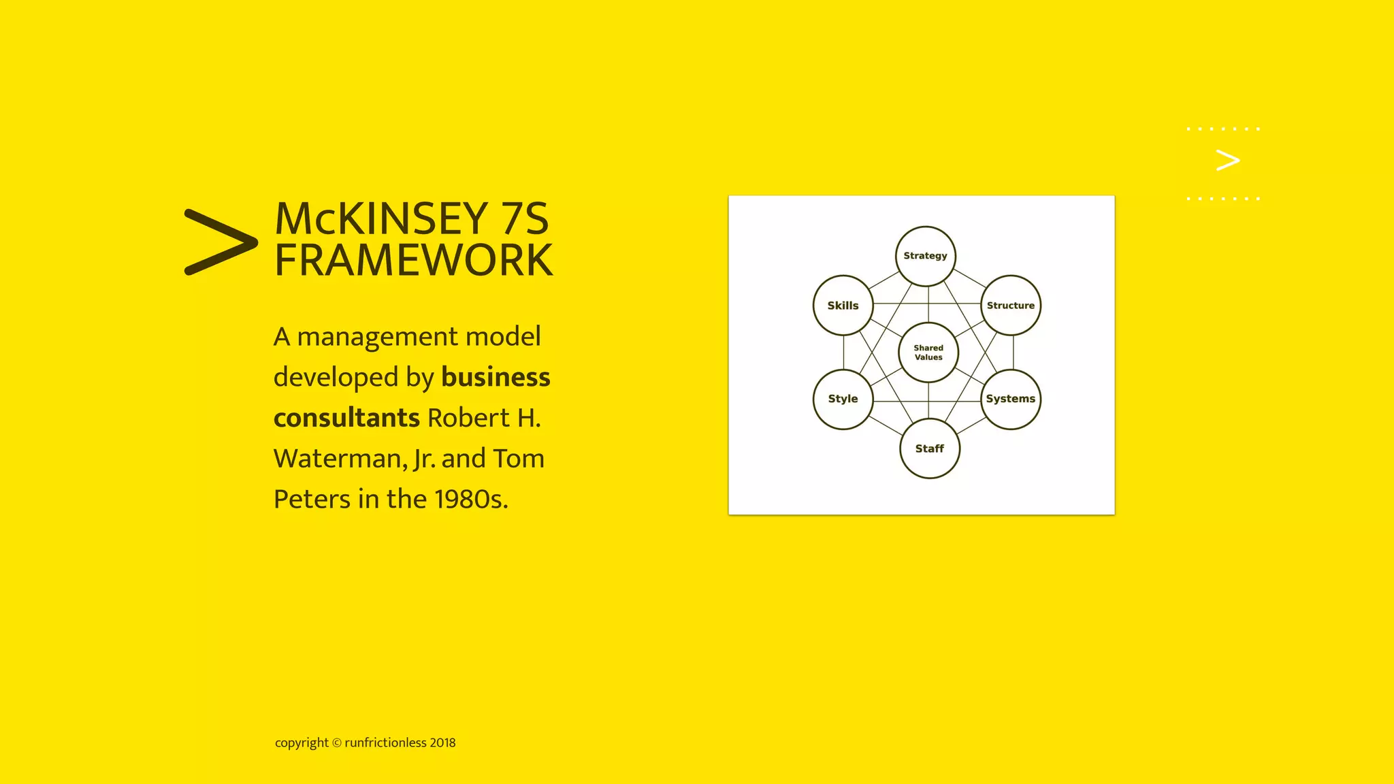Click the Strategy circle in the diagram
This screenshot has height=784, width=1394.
click(925, 256)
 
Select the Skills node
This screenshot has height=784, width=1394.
click(843, 306)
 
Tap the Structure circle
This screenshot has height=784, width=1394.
click(1011, 306)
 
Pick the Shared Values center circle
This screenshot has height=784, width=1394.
click(928, 353)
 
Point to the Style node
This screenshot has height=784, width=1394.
click(843, 399)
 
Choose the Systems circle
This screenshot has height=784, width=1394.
click(1011, 399)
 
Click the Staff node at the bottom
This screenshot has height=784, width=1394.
click(930, 448)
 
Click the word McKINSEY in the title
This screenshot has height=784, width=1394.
click(381, 219)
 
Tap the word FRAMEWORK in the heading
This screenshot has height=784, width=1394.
click(414, 260)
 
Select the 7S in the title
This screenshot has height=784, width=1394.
click(524, 219)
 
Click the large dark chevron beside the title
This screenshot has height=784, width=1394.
click(221, 242)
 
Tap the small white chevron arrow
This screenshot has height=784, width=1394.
click(1227, 161)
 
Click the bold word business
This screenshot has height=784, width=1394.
click(496, 377)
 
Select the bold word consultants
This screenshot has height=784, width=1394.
click(346, 418)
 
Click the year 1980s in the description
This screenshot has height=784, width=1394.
click(471, 499)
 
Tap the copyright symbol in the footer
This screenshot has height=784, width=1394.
click(336, 743)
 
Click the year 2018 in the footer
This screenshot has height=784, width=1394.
click(442, 742)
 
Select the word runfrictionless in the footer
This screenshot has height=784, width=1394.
click(385, 742)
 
